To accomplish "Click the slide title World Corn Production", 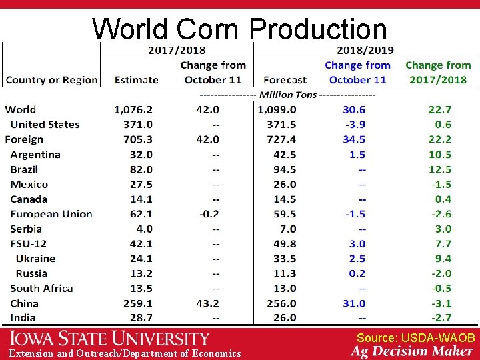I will pos(239,29).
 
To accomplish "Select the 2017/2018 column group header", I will pos(176,50).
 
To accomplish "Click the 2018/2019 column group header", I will pos(365,50).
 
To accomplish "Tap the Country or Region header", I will pos(52,80).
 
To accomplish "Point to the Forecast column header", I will pos(285,80).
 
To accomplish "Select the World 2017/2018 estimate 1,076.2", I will pos(133,109).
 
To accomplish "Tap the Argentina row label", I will pos(35,155).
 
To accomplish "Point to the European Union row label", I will pos(51,214).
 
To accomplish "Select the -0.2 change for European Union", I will pos(207,214).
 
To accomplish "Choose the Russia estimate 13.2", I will pos(141,273).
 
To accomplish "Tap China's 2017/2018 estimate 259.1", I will pos(138,303).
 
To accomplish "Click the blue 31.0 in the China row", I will pos(354,303).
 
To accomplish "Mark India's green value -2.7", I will pos(441,318).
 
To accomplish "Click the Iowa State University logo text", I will pos(109,339).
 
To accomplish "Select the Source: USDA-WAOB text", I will pos(415,338).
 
